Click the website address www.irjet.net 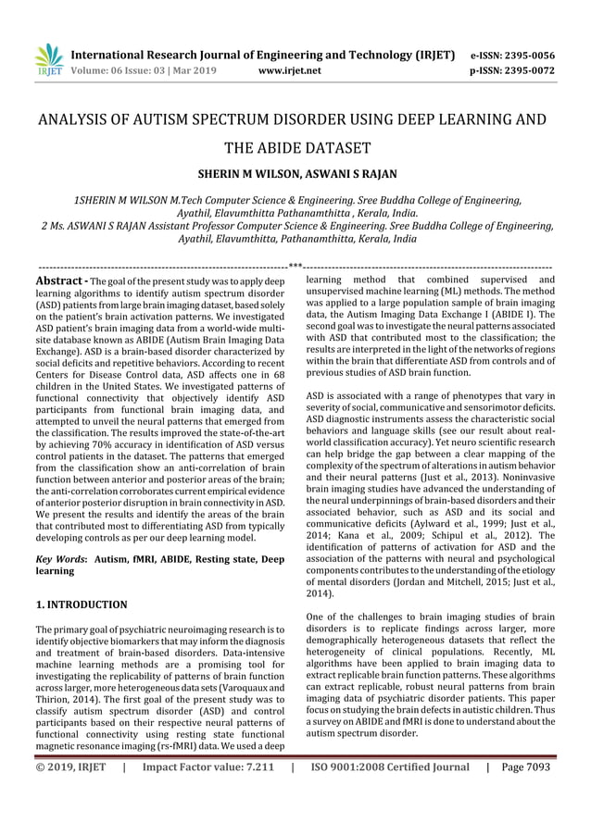290,69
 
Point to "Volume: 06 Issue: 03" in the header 116,69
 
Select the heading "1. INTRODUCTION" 81,604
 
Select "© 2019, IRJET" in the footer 65,767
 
